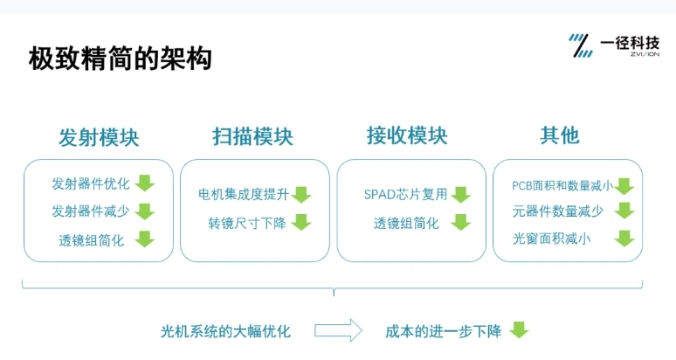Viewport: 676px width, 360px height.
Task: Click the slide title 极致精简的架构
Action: click(121, 59)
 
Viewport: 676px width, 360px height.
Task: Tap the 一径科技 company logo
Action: click(614, 45)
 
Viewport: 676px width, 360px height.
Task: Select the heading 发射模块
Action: click(99, 137)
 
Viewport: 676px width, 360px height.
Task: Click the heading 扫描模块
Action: click(252, 136)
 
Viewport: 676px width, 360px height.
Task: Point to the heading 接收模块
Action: click(407, 135)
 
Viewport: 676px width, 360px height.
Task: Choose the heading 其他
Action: click(560, 135)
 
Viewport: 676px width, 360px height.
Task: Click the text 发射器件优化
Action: click(91, 183)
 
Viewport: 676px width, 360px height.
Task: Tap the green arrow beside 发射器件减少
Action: click(145, 211)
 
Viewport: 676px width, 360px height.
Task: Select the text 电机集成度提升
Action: click(244, 195)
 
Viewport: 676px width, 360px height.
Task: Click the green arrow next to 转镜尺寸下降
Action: click(301, 222)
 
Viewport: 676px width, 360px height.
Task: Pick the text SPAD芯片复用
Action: click(405, 195)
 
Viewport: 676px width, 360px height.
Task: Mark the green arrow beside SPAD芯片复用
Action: click(461, 195)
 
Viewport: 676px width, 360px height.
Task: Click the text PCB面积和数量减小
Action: click(562, 185)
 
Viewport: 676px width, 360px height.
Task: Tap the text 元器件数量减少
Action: click(558, 211)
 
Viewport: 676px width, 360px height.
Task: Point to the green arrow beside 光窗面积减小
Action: click(624, 238)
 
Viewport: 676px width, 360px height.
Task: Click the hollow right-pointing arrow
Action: click(338, 330)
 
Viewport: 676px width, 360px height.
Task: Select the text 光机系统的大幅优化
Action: click(225, 331)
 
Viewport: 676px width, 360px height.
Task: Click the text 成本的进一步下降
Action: click(443, 331)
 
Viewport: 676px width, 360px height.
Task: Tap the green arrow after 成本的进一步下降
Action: click(519, 329)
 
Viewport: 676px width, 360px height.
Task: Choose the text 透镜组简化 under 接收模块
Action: click(406, 224)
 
